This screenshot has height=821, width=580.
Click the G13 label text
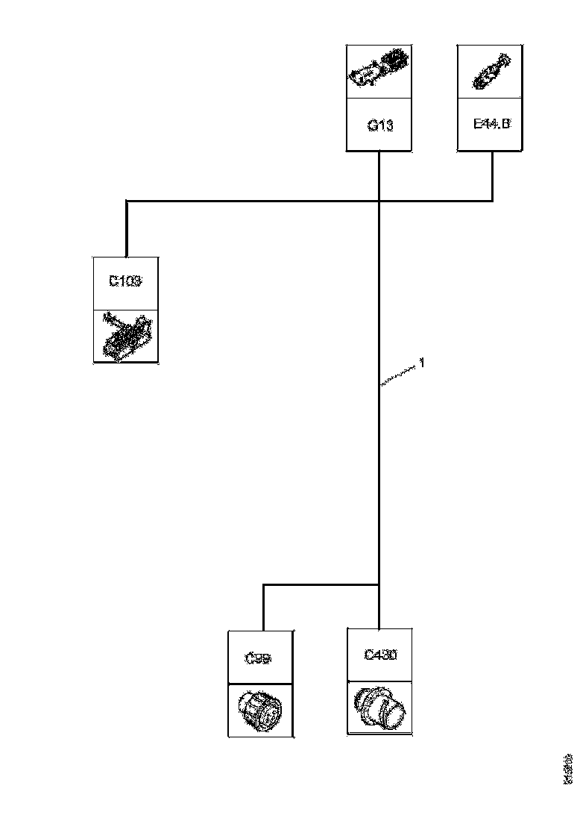tap(379, 125)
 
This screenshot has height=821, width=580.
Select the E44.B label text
tap(492, 124)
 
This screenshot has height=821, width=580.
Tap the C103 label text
tap(125, 282)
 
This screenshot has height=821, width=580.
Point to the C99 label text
tap(259, 658)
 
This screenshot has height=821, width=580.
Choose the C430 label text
tap(380, 655)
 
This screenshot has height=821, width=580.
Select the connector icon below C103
tap(126, 337)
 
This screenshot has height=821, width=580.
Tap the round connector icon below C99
tap(259, 710)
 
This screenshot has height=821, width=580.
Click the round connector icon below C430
tap(380, 707)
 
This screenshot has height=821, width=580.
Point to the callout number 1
tap(423, 363)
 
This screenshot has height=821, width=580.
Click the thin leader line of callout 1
tap(398, 375)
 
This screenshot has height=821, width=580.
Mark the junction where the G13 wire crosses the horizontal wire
tap(380, 200)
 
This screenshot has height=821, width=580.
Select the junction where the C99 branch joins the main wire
tap(380, 584)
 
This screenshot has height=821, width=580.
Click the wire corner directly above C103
tap(127, 200)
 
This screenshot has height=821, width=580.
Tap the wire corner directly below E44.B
tap(492, 200)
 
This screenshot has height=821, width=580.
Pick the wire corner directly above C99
tap(263, 584)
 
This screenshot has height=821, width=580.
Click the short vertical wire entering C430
tap(380, 608)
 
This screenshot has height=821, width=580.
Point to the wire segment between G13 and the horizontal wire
tap(380, 176)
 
